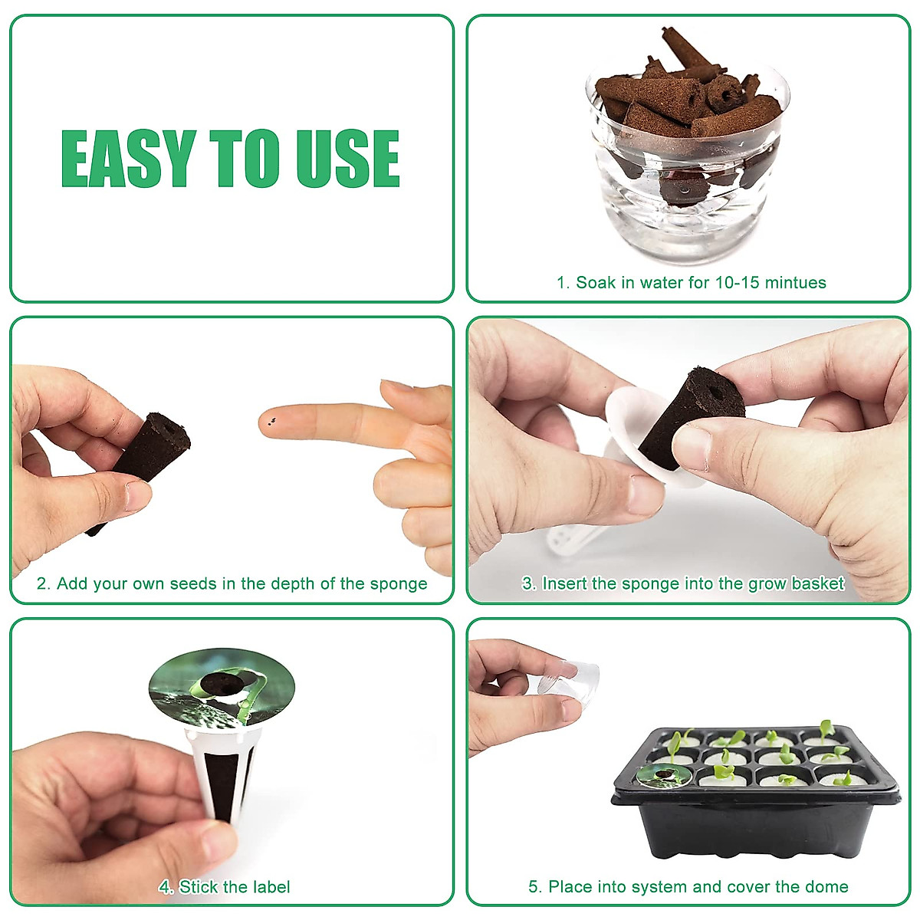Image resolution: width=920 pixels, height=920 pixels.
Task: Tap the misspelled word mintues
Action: tap(793, 283)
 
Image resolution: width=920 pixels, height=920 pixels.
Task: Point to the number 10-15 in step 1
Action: tap(736, 283)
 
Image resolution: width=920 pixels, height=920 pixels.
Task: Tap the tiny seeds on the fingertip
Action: tap(269, 420)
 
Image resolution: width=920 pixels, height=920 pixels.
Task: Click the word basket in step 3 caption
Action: tap(817, 584)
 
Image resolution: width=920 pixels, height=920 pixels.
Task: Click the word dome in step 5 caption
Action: tap(826, 888)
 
